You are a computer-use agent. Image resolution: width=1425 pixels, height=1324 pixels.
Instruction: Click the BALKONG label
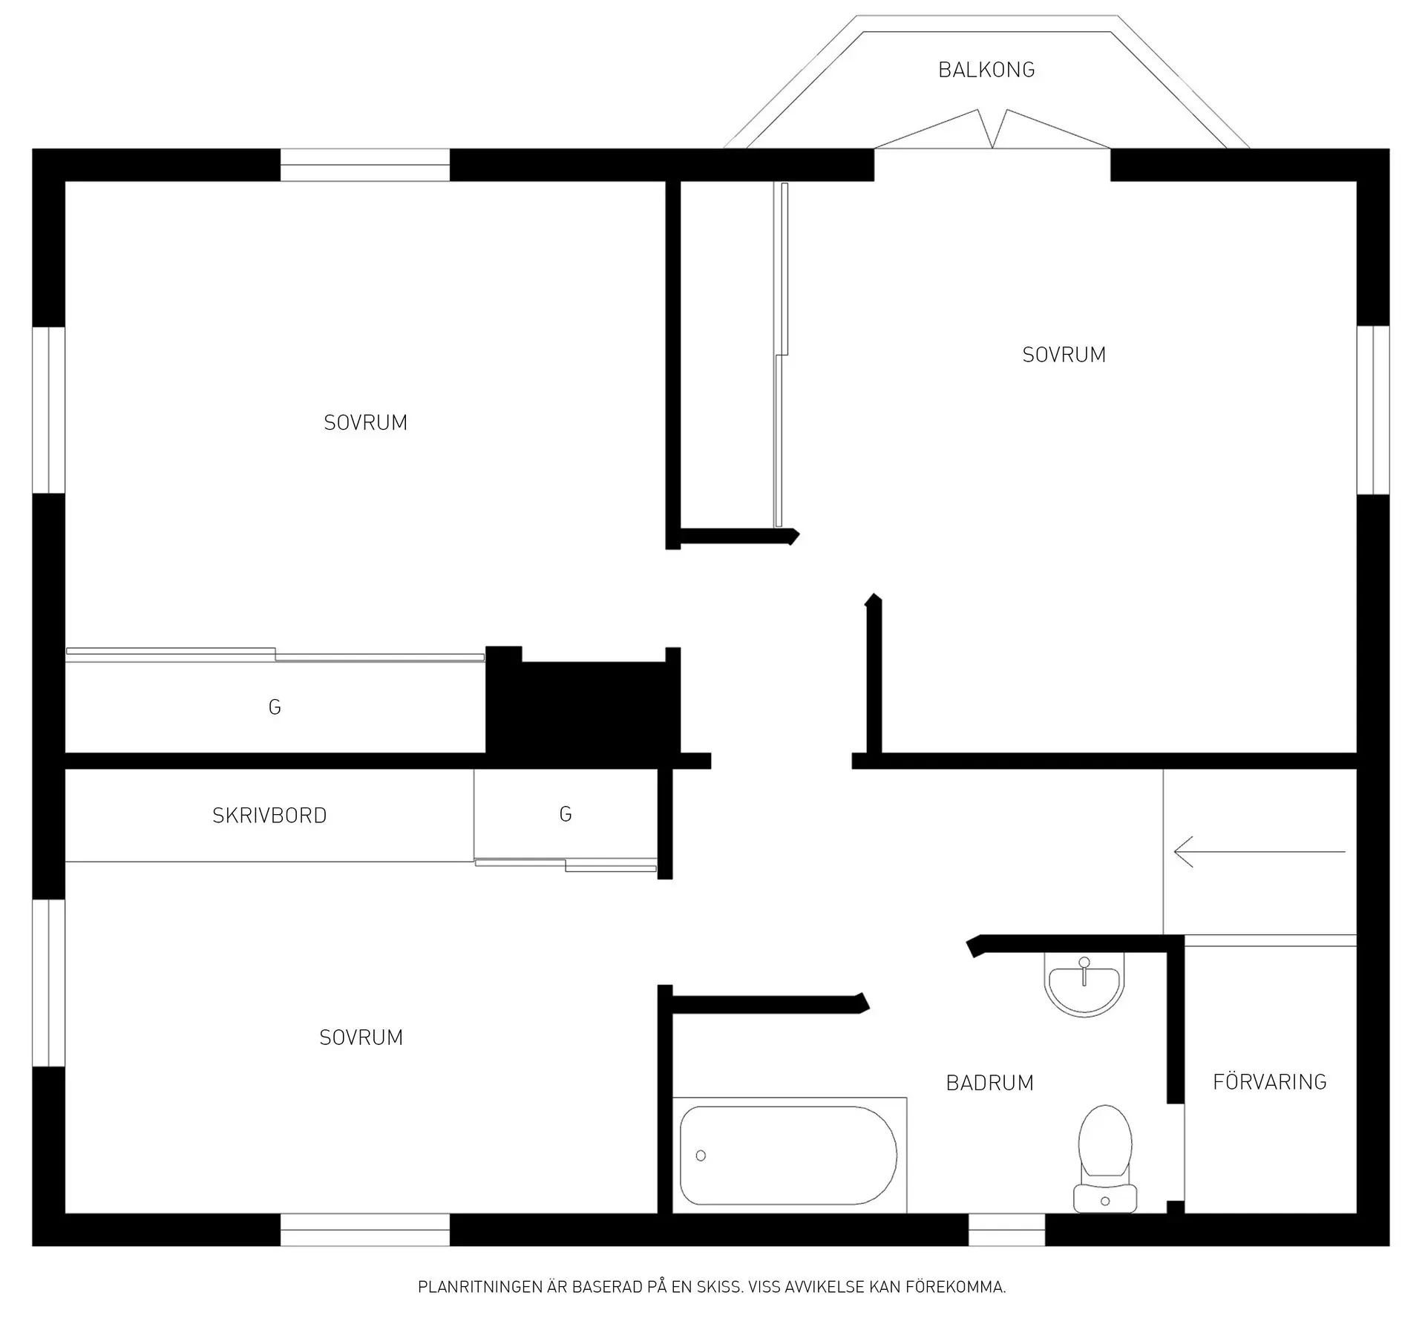tap(986, 70)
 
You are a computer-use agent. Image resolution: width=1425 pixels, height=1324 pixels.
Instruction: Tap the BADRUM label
tap(989, 1083)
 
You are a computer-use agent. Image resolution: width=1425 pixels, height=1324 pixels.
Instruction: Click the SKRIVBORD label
tap(269, 816)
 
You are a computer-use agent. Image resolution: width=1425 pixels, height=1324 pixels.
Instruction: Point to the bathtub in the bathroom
tap(789, 1155)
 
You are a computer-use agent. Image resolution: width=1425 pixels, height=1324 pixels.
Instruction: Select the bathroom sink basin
tap(1084, 984)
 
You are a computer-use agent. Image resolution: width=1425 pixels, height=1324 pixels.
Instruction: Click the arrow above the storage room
tap(1259, 852)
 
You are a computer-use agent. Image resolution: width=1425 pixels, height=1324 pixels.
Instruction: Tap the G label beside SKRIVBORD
tap(566, 815)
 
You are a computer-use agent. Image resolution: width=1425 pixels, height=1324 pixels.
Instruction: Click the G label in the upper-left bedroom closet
tap(275, 707)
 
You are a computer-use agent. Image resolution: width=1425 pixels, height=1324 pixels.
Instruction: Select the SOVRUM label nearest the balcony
tap(1064, 355)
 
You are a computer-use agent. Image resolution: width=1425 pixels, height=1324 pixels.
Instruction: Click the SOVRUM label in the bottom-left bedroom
tap(361, 1038)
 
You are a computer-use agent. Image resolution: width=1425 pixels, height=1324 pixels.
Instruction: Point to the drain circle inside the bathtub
tap(701, 1156)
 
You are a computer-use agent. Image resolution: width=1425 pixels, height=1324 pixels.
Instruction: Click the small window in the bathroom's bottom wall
tap(1006, 1229)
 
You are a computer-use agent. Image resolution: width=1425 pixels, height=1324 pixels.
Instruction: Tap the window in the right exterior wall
tap(1373, 410)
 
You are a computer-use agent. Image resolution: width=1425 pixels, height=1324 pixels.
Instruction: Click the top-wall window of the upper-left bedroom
tap(364, 165)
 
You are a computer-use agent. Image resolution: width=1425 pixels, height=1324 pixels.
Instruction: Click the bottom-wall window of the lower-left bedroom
tap(364, 1229)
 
